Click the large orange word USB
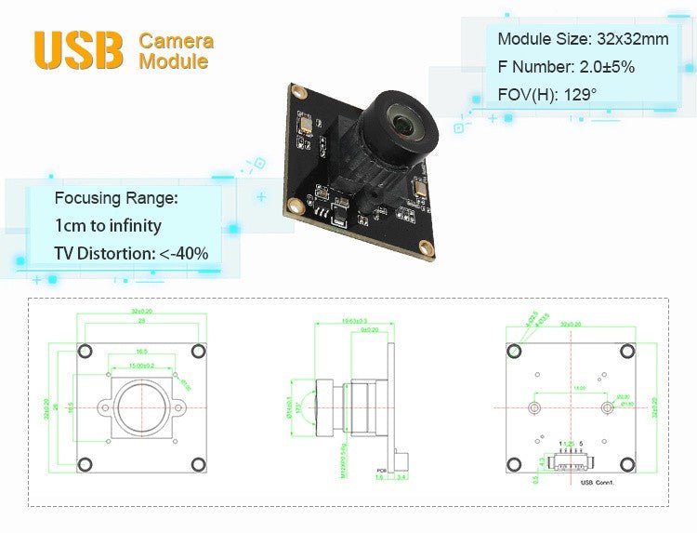[78, 50]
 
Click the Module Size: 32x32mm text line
[583, 39]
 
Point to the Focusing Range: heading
[115, 197]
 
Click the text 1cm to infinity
[108, 225]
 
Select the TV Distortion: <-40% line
[131, 253]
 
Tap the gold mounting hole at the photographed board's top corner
[298, 91]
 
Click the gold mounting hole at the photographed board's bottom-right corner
[427, 247]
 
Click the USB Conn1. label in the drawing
[597, 482]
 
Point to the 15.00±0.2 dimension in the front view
[141, 365]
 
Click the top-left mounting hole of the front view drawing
[85, 351]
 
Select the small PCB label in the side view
[380, 470]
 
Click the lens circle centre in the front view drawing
[140, 407]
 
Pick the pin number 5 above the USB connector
[581, 444]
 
